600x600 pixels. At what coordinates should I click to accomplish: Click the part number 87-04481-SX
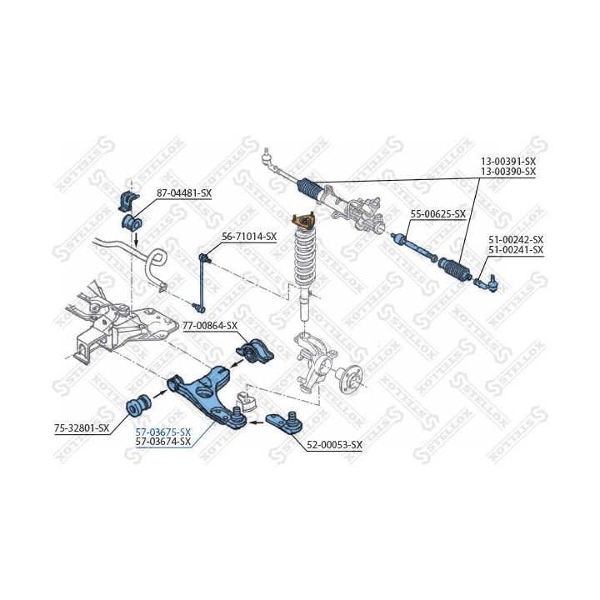[184, 193]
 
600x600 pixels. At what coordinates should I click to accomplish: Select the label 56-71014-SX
[248, 237]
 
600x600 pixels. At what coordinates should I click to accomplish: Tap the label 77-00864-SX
[210, 326]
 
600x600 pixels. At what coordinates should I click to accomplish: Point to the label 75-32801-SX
[82, 428]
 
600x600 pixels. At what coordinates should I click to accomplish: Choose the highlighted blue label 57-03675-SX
[162, 432]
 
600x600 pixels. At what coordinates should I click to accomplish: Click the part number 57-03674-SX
[162, 442]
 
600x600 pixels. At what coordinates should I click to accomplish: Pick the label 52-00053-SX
[334, 445]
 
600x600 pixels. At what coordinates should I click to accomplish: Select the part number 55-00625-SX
[437, 214]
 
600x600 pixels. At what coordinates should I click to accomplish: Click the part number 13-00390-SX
[507, 171]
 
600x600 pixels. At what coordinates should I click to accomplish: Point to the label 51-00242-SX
[515, 238]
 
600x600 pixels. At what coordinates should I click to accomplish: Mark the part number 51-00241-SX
[515, 249]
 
